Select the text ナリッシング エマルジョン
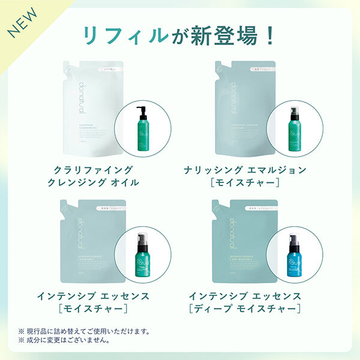tap(245, 170)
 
